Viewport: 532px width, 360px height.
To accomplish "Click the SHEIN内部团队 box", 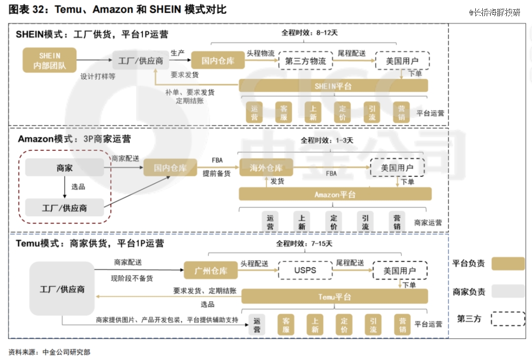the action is (50, 61).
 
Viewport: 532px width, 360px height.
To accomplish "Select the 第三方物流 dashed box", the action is (306, 61).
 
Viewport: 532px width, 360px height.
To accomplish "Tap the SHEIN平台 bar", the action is (333, 86).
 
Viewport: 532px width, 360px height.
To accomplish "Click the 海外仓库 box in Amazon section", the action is (266, 167).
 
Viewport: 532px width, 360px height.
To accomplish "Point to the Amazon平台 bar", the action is (335, 195).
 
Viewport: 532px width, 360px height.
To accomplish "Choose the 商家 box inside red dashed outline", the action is (65, 167).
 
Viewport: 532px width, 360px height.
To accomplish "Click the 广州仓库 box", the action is (211, 270).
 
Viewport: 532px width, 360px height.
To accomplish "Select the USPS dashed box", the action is (305, 270).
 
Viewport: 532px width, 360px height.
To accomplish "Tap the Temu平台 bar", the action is (334, 297).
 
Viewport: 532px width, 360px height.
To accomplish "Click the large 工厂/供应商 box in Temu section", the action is (62, 289).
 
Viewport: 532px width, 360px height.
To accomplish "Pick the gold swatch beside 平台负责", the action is (508, 263).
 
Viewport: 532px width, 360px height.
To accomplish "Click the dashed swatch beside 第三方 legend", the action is (508, 319).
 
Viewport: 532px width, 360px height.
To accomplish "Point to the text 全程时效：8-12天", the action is (309, 33).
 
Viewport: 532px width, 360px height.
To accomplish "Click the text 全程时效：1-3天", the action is (327, 140).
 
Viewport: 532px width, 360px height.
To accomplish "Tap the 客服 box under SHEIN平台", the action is (284, 113).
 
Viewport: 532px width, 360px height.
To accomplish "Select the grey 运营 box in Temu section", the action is (257, 325).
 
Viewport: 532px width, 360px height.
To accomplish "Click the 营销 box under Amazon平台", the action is (397, 222).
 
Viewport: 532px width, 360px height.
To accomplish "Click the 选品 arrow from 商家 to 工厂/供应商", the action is (65, 187).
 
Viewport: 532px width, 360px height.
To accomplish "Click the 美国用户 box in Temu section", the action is (400, 270).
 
